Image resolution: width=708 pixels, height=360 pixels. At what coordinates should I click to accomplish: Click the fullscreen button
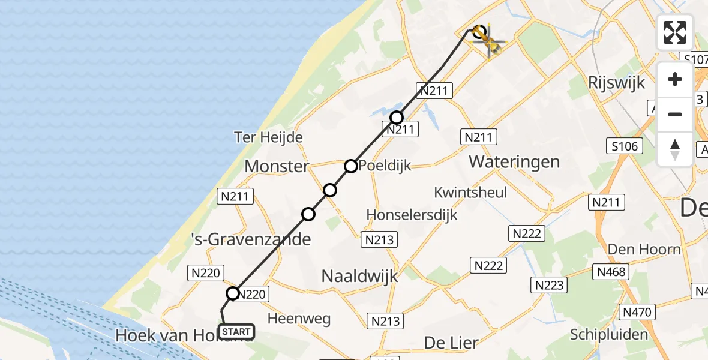[x=675, y=32]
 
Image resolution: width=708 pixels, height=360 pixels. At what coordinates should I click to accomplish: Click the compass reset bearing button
[x=675, y=149]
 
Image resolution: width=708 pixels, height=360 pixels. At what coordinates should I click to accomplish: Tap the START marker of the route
[x=236, y=332]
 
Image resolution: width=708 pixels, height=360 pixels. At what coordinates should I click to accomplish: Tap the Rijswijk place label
[x=616, y=82]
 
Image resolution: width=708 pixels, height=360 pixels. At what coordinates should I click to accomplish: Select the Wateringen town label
[x=514, y=161]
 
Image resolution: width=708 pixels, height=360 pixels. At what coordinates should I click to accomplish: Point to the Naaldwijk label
[x=360, y=276]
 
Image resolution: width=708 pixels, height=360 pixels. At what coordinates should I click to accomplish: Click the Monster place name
[x=277, y=166]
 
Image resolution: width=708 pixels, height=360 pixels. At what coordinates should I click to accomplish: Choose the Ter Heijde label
[x=268, y=137]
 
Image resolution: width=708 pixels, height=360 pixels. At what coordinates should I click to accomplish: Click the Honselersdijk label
[x=412, y=215]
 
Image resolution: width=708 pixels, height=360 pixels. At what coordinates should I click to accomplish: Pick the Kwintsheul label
[x=471, y=193]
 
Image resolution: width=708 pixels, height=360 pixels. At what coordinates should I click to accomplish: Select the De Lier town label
[x=451, y=343]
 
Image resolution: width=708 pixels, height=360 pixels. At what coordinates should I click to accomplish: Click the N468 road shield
[x=611, y=272]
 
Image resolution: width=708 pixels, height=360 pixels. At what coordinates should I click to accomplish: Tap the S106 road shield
[x=625, y=146]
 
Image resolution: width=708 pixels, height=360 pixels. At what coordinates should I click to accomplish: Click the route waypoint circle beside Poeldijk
[x=351, y=166]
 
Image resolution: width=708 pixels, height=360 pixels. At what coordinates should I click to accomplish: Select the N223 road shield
[x=550, y=286]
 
